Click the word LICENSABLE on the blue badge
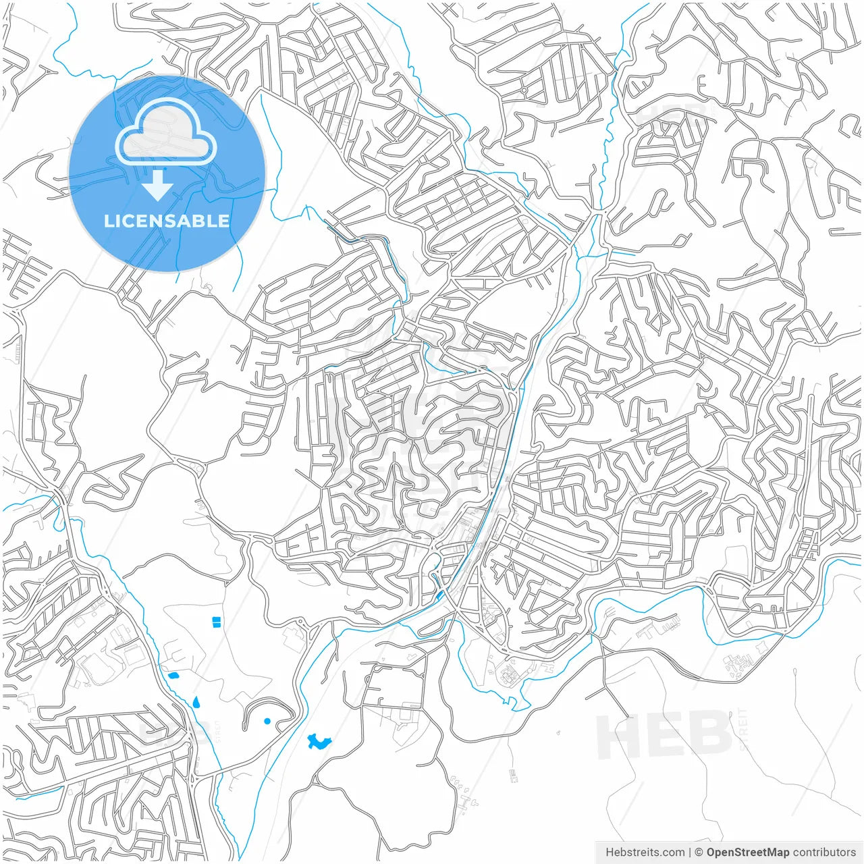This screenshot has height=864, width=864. (x=167, y=221)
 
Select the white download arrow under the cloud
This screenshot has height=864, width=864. (x=158, y=185)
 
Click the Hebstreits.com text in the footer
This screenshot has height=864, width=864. (x=645, y=852)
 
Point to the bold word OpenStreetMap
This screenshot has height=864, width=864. (x=747, y=852)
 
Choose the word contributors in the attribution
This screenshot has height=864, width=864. (x=824, y=852)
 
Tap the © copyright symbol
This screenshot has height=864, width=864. (x=699, y=852)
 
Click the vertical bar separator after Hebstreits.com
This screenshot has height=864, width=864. (x=689, y=852)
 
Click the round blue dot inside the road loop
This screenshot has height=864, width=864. (x=267, y=722)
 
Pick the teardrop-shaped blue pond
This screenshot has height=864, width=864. (x=196, y=702)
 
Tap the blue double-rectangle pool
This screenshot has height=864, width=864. (x=217, y=621)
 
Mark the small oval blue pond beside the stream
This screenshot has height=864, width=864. (x=173, y=675)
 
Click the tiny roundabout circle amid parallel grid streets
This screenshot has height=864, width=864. (x=523, y=90)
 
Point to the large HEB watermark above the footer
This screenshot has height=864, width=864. (x=665, y=734)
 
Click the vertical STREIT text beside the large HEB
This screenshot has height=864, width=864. (x=744, y=729)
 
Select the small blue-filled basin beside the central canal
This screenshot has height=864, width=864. (x=440, y=594)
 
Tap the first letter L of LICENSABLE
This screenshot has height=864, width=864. (x=108, y=221)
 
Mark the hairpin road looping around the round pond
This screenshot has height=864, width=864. (x=270, y=702)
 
